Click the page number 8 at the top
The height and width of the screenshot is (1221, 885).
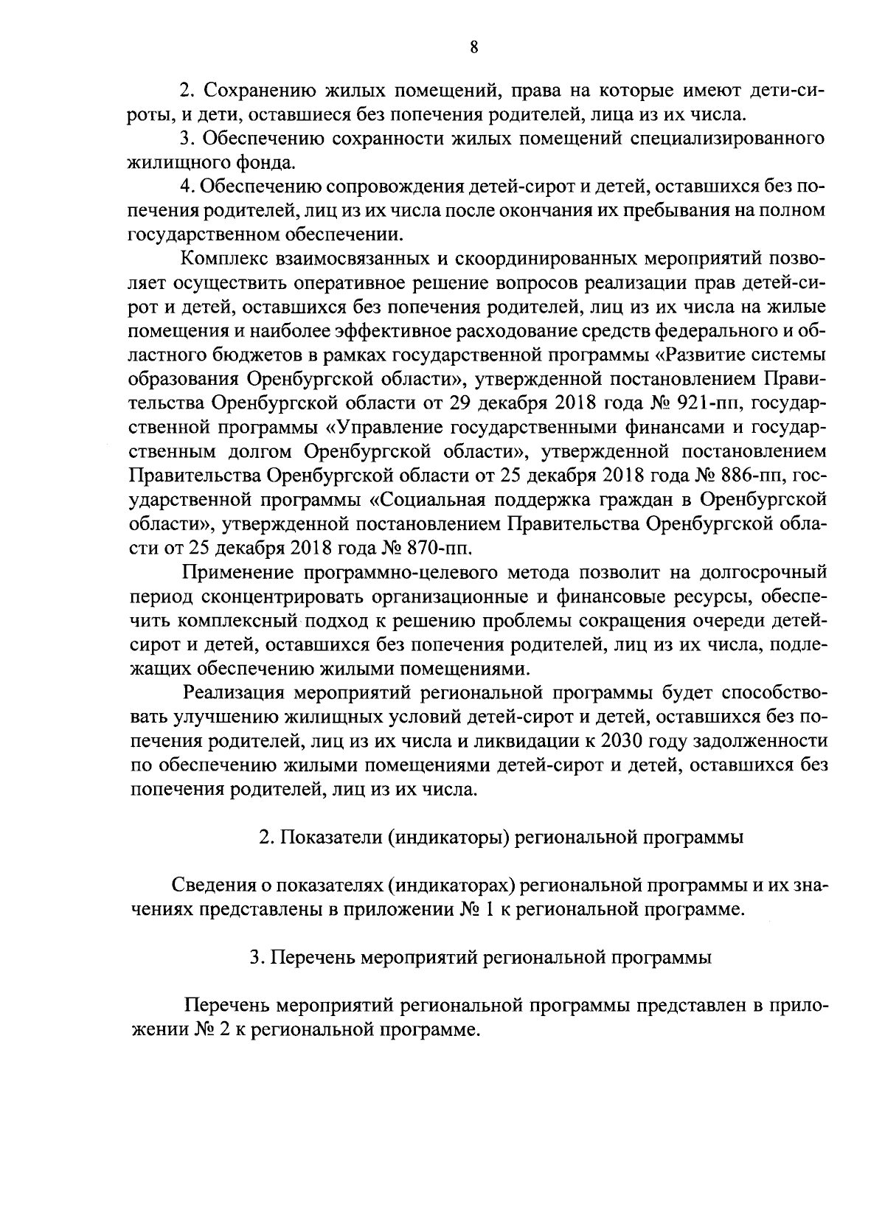(x=474, y=48)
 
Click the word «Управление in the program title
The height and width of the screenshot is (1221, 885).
(x=386, y=427)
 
